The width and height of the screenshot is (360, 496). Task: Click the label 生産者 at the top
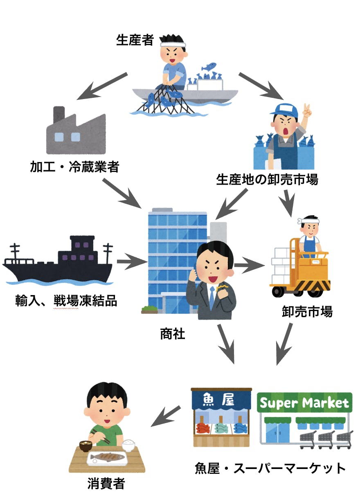click(x=135, y=40)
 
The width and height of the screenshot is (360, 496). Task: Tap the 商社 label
click(x=172, y=334)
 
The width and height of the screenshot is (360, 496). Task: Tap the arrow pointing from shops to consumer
click(x=165, y=417)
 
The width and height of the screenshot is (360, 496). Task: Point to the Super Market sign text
click(x=305, y=403)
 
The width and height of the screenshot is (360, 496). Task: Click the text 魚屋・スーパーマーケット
click(x=270, y=468)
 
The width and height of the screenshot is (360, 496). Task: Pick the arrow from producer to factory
click(x=102, y=87)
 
